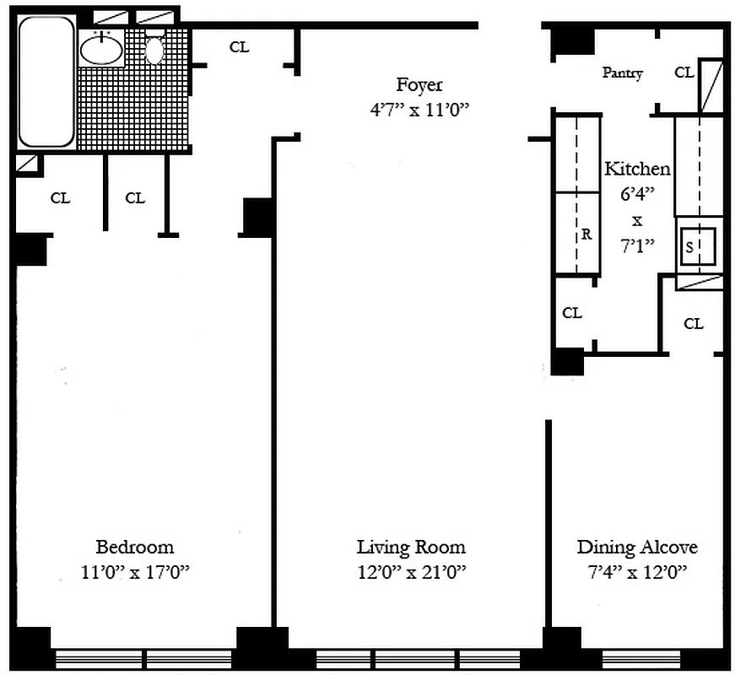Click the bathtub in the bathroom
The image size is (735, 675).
pyautogui.click(x=46, y=82)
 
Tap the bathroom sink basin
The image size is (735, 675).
pyautogui.click(x=100, y=50)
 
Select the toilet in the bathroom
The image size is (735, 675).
pyautogui.click(x=154, y=49)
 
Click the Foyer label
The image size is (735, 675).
pyautogui.click(x=419, y=85)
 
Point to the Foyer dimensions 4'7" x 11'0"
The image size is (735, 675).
pyautogui.click(x=419, y=111)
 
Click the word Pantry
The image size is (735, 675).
pyautogui.click(x=622, y=73)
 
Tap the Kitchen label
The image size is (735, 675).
pyautogui.click(x=637, y=169)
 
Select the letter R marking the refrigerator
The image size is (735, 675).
pyautogui.click(x=586, y=235)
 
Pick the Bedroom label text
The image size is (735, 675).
pyautogui.click(x=134, y=547)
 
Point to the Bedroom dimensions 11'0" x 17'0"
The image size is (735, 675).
pyautogui.click(x=134, y=572)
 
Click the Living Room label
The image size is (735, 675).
pyautogui.click(x=411, y=547)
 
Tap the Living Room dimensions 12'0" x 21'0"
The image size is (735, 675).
pyautogui.click(x=411, y=572)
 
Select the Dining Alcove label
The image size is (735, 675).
pyautogui.click(x=637, y=547)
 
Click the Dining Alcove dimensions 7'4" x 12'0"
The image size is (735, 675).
pyautogui.click(x=637, y=572)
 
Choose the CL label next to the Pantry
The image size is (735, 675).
pyautogui.click(x=684, y=73)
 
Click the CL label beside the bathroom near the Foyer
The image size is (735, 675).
pyautogui.click(x=240, y=47)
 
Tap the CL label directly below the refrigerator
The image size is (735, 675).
pyautogui.click(x=572, y=313)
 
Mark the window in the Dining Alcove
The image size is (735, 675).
pyautogui.click(x=641, y=658)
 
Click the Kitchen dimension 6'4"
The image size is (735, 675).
pyautogui.click(x=637, y=194)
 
